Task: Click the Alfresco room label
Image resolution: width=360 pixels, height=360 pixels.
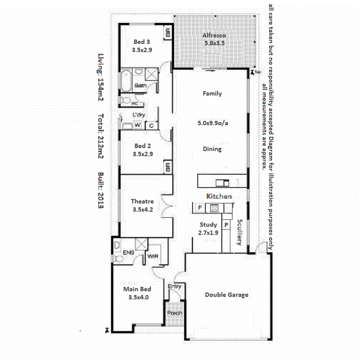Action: pyautogui.click(x=214, y=36)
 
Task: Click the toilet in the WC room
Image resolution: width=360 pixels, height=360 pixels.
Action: pyautogui.click(x=126, y=101)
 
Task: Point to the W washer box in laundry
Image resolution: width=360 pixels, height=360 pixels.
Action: pyautogui.click(x=137, y=125)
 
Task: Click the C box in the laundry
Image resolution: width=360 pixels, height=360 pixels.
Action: pyautogui.click(x=151, y=125)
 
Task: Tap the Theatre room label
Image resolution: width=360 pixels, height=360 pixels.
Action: pyautogui.click(x=142, y=201)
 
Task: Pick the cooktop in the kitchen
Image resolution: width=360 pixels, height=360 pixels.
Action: pyautogui.click(x=214, y=209)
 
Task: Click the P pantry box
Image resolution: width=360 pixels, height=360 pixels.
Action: pyautogui.click(x=226, y=225)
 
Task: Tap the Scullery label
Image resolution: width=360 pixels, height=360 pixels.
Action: pyautogui.click(x=239, y=232)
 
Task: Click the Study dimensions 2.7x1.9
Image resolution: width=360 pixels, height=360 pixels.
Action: pyautogui.click(x=208, y=233)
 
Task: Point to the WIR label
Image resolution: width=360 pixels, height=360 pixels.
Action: pyautogui.click(x=151, y=257)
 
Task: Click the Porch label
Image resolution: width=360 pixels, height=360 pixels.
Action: pyautogui.click(x=175, y=313)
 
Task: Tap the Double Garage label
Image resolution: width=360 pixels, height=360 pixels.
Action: pyautogui.click(x=226, y=295)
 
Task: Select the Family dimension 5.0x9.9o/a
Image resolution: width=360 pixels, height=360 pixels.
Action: pyautogui.click(x=212, y=124)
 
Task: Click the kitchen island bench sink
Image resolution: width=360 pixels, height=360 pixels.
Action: pyautogui.click(x=222, y=182)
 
